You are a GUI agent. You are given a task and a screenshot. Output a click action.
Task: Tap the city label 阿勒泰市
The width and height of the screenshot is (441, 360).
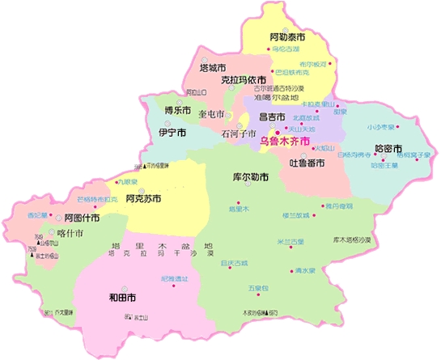[287, 37]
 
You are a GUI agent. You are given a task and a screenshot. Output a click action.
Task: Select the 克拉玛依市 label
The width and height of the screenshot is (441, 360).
[244, 80]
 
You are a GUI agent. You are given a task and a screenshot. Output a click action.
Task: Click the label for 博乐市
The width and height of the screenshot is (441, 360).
[177, 110]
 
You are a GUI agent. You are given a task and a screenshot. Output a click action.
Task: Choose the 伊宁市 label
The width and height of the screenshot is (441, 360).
[172, 132]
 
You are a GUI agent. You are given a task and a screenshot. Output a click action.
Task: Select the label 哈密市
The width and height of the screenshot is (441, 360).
[389, 149]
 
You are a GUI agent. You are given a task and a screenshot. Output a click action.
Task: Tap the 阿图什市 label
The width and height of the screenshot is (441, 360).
[82, 218]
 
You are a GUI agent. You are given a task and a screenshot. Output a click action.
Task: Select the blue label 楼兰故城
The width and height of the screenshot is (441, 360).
[295, 215]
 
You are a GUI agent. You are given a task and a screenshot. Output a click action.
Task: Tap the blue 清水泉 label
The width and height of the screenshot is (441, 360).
[304, 271]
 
